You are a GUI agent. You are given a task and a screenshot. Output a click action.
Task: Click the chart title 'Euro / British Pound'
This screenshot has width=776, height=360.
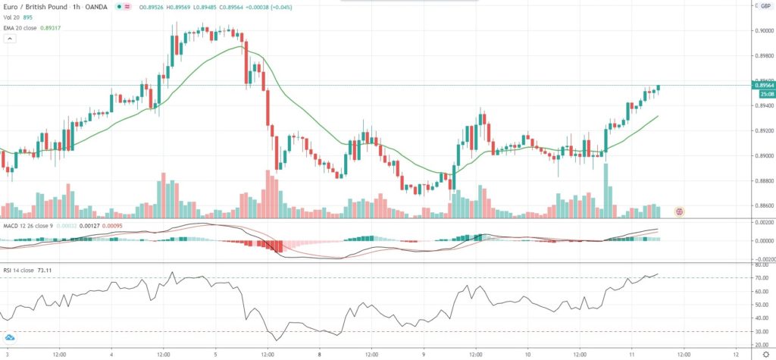pos(35,7)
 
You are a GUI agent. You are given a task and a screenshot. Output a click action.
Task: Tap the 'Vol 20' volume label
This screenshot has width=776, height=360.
pos(11,17)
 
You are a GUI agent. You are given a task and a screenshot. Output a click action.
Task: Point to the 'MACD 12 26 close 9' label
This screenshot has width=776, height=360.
pos(29,225)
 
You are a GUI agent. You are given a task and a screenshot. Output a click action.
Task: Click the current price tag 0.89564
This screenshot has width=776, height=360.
pos(762,86)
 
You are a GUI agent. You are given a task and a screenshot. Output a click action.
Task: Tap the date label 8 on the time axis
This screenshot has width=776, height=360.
pos(320,354)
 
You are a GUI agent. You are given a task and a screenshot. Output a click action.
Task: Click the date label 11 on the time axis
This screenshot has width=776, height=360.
pos(632,354)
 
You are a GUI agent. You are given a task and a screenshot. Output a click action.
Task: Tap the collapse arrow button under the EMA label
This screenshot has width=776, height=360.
pos(10,39)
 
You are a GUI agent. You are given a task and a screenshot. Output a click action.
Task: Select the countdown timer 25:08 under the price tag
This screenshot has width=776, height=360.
pos(762,94)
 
